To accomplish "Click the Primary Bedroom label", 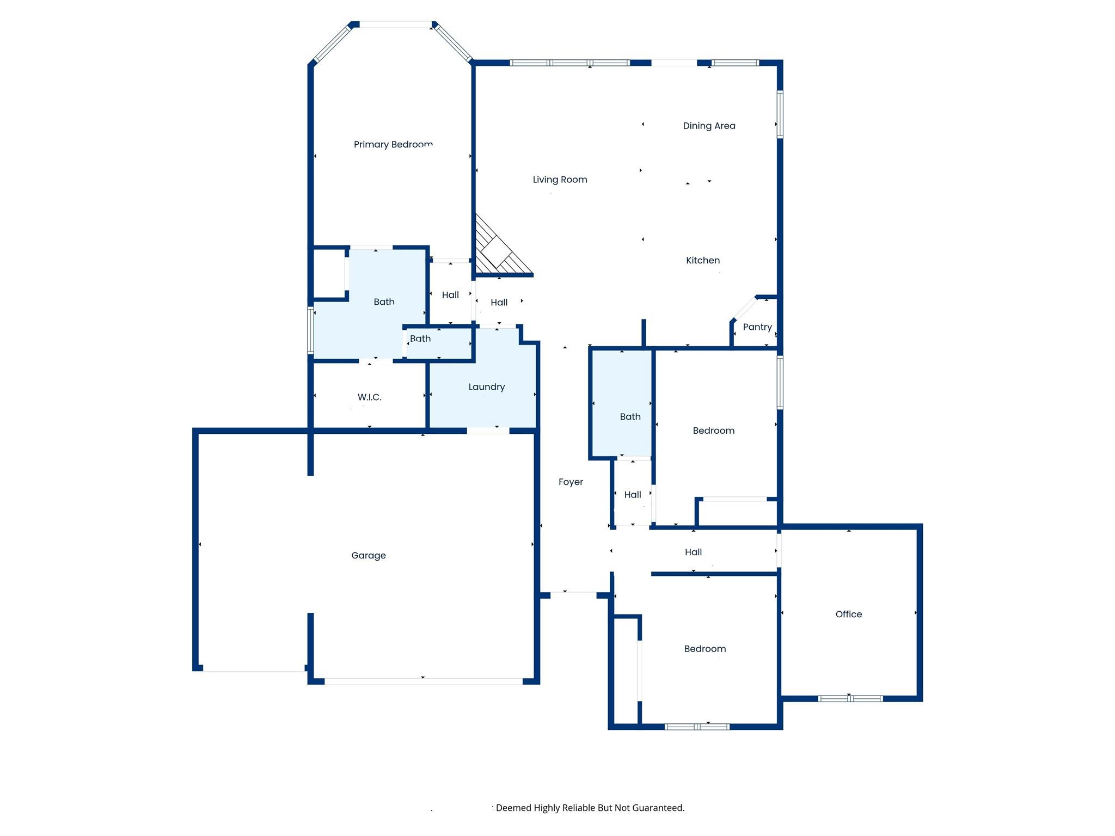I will (393, 144).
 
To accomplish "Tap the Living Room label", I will (560, 180).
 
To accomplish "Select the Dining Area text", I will (709, 126).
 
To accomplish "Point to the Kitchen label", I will (702, 260).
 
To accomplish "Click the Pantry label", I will (757, 327).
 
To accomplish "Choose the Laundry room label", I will (486, 387).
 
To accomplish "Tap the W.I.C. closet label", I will (369, 397).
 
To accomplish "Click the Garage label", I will (368, 555).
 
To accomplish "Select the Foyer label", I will (570, 482).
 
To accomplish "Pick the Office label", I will (848, 614).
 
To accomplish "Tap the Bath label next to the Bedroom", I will (630, 416).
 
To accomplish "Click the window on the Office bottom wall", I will (850, 698).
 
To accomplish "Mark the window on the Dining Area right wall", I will (780, 114).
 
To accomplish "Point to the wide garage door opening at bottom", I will (423, 681).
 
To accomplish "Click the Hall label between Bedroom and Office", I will (693, 552).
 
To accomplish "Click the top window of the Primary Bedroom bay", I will (395, 24).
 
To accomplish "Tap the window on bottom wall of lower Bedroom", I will (697, 726).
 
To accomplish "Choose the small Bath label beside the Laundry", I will (420, 339).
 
